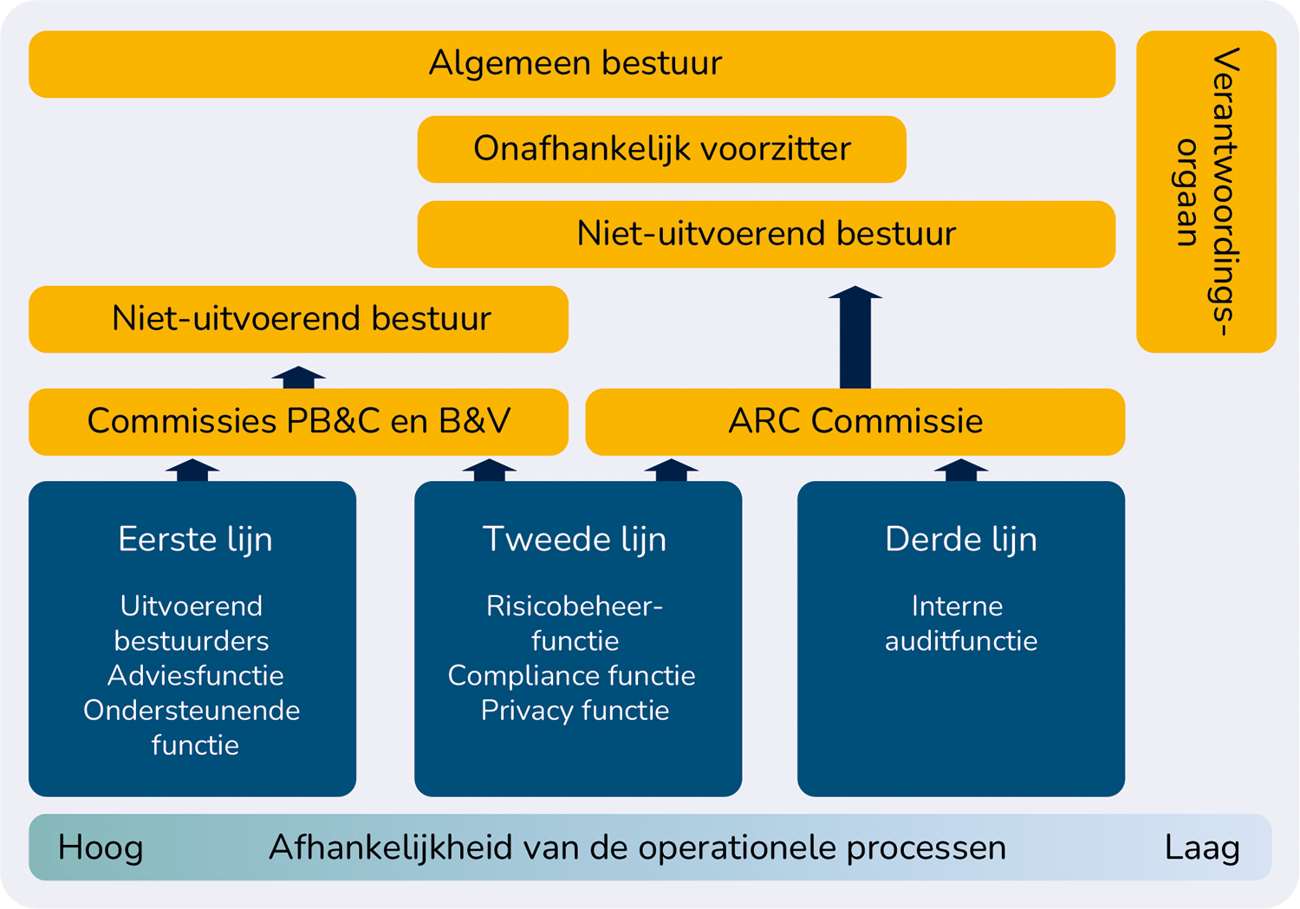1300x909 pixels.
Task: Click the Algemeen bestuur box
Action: [572, 64]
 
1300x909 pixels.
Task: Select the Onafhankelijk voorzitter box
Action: [661, 149]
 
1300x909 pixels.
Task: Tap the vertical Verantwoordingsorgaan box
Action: [1206, 192]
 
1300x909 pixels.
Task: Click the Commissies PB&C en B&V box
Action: [298, 422]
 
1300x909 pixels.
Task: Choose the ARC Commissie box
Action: [855, 422]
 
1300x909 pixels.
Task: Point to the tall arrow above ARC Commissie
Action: [855, 337]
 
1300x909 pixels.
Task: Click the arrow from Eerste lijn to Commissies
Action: [192, 470]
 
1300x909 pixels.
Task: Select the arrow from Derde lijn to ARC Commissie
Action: [961, 470]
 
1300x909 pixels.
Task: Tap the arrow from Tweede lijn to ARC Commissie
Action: [672, 470]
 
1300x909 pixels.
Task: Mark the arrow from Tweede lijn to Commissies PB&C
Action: [490, 470]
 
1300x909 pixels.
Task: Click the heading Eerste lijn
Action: [195, 540]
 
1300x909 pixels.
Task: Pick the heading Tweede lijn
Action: [574, 540]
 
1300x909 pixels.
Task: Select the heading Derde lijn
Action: [960, 540]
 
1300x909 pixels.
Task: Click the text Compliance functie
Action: [572, 676]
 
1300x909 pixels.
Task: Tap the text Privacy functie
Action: [575, 711]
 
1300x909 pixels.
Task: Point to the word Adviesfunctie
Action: [196, 676]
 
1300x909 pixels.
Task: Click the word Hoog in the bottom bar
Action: [101, 848]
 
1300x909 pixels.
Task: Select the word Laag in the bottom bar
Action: [1202, 848]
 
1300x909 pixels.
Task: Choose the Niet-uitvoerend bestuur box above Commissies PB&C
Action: [298, 319]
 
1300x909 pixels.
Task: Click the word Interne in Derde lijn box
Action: [957, 607]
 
